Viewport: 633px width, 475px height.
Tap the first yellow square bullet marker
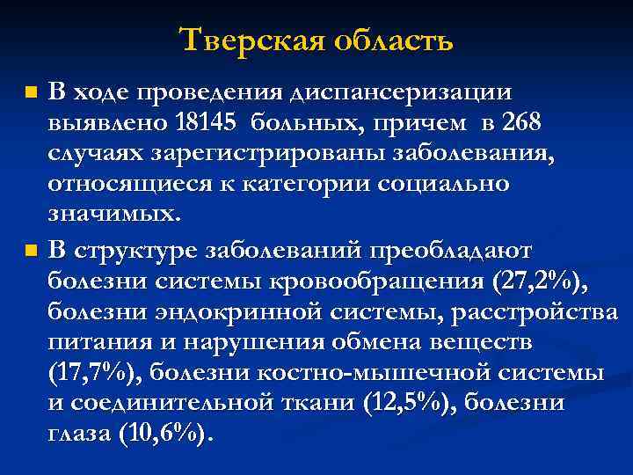31,91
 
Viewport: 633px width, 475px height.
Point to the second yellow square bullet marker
31,251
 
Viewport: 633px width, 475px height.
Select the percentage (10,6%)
163,435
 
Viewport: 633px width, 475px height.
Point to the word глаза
77,435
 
